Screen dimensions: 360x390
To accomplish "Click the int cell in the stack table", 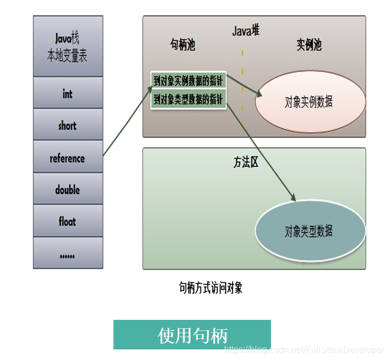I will (x=68, y=93).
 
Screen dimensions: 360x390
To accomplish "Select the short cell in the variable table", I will (x=68, y=125).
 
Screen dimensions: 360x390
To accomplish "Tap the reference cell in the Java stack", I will (x=68, y=158).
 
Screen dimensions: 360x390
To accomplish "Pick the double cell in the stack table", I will (x=68, y=190).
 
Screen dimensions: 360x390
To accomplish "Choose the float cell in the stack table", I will (x=68, y=222).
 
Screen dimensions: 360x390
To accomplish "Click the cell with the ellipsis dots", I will (x=68, y=254).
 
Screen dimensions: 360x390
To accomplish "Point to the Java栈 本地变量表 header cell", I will (x=68, y=47).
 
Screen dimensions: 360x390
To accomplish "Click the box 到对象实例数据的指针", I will (x=188, y=81).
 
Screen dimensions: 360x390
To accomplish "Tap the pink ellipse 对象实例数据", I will (x=310, y=102).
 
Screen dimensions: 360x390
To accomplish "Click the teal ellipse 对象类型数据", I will (x=310, y=231).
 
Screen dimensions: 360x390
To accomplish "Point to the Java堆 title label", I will (x=246, y=31).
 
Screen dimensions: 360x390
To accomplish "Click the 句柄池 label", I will (x=183, y=46).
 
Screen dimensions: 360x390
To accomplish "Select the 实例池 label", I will (x=309, y=46).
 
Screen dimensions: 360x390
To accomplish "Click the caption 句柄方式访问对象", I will (x=211, y=288).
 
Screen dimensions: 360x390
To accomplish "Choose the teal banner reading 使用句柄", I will (x=192, y=335).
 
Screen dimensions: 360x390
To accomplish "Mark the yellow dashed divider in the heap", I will (x=242, y=89).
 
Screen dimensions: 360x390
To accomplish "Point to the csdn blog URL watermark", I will (x=304, y=349).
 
